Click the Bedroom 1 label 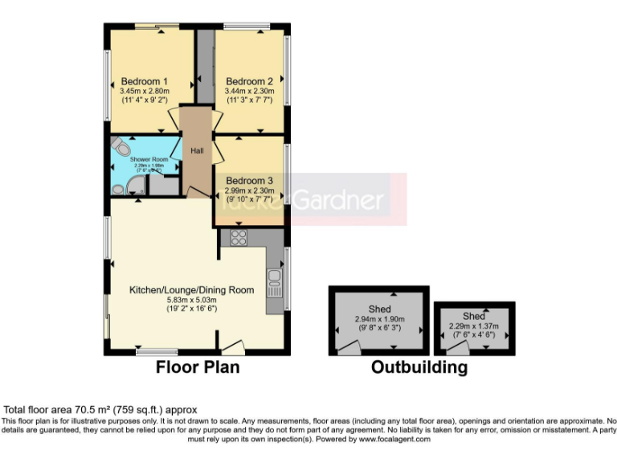click(144, 81)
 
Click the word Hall click(197, 150)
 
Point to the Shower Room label click(149, 160)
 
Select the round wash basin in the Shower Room click(119, 189)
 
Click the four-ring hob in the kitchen click(239, 237)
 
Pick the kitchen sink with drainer click(275, 282)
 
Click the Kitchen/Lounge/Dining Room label click(192, 290)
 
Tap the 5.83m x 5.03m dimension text click(192, 299)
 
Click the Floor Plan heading click(197, 367)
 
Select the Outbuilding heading click(419, 367)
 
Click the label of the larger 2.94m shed click(379, 309)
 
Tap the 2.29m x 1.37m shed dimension click(473, 326)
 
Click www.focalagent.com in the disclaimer click(394, 440)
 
